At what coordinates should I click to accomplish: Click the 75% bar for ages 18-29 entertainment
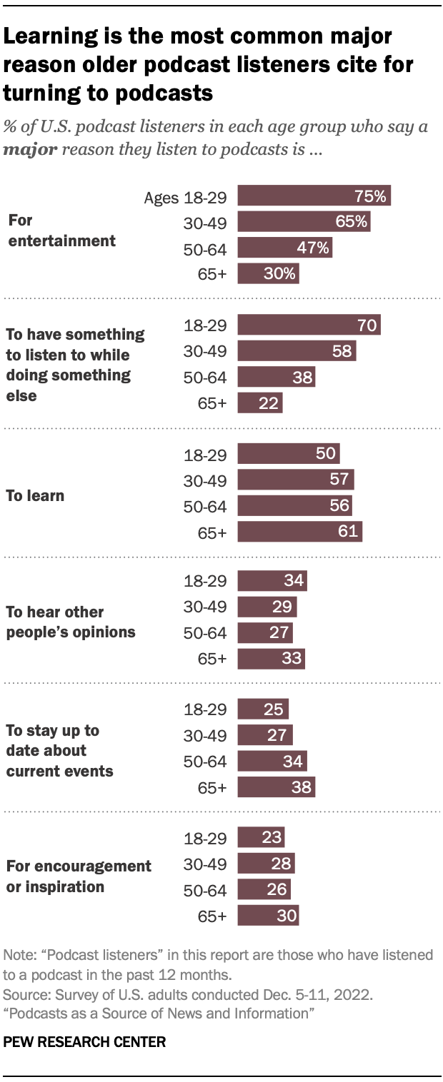314,196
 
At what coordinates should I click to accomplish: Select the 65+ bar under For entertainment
268,273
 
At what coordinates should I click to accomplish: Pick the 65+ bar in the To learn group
299,532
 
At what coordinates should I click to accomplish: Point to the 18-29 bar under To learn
288,455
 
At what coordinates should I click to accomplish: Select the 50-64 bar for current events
272,762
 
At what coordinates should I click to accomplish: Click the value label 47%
315,248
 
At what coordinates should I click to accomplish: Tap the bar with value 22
260,403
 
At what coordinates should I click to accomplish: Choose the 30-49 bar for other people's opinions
267,607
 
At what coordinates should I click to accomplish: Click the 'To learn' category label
34,495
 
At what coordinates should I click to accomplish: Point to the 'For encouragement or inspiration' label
79,876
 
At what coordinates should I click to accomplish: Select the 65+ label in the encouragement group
211,916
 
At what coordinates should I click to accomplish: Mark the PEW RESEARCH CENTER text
84,1042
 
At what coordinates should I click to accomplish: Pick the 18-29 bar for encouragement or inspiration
261,837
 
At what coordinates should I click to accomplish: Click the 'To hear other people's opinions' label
70,622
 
